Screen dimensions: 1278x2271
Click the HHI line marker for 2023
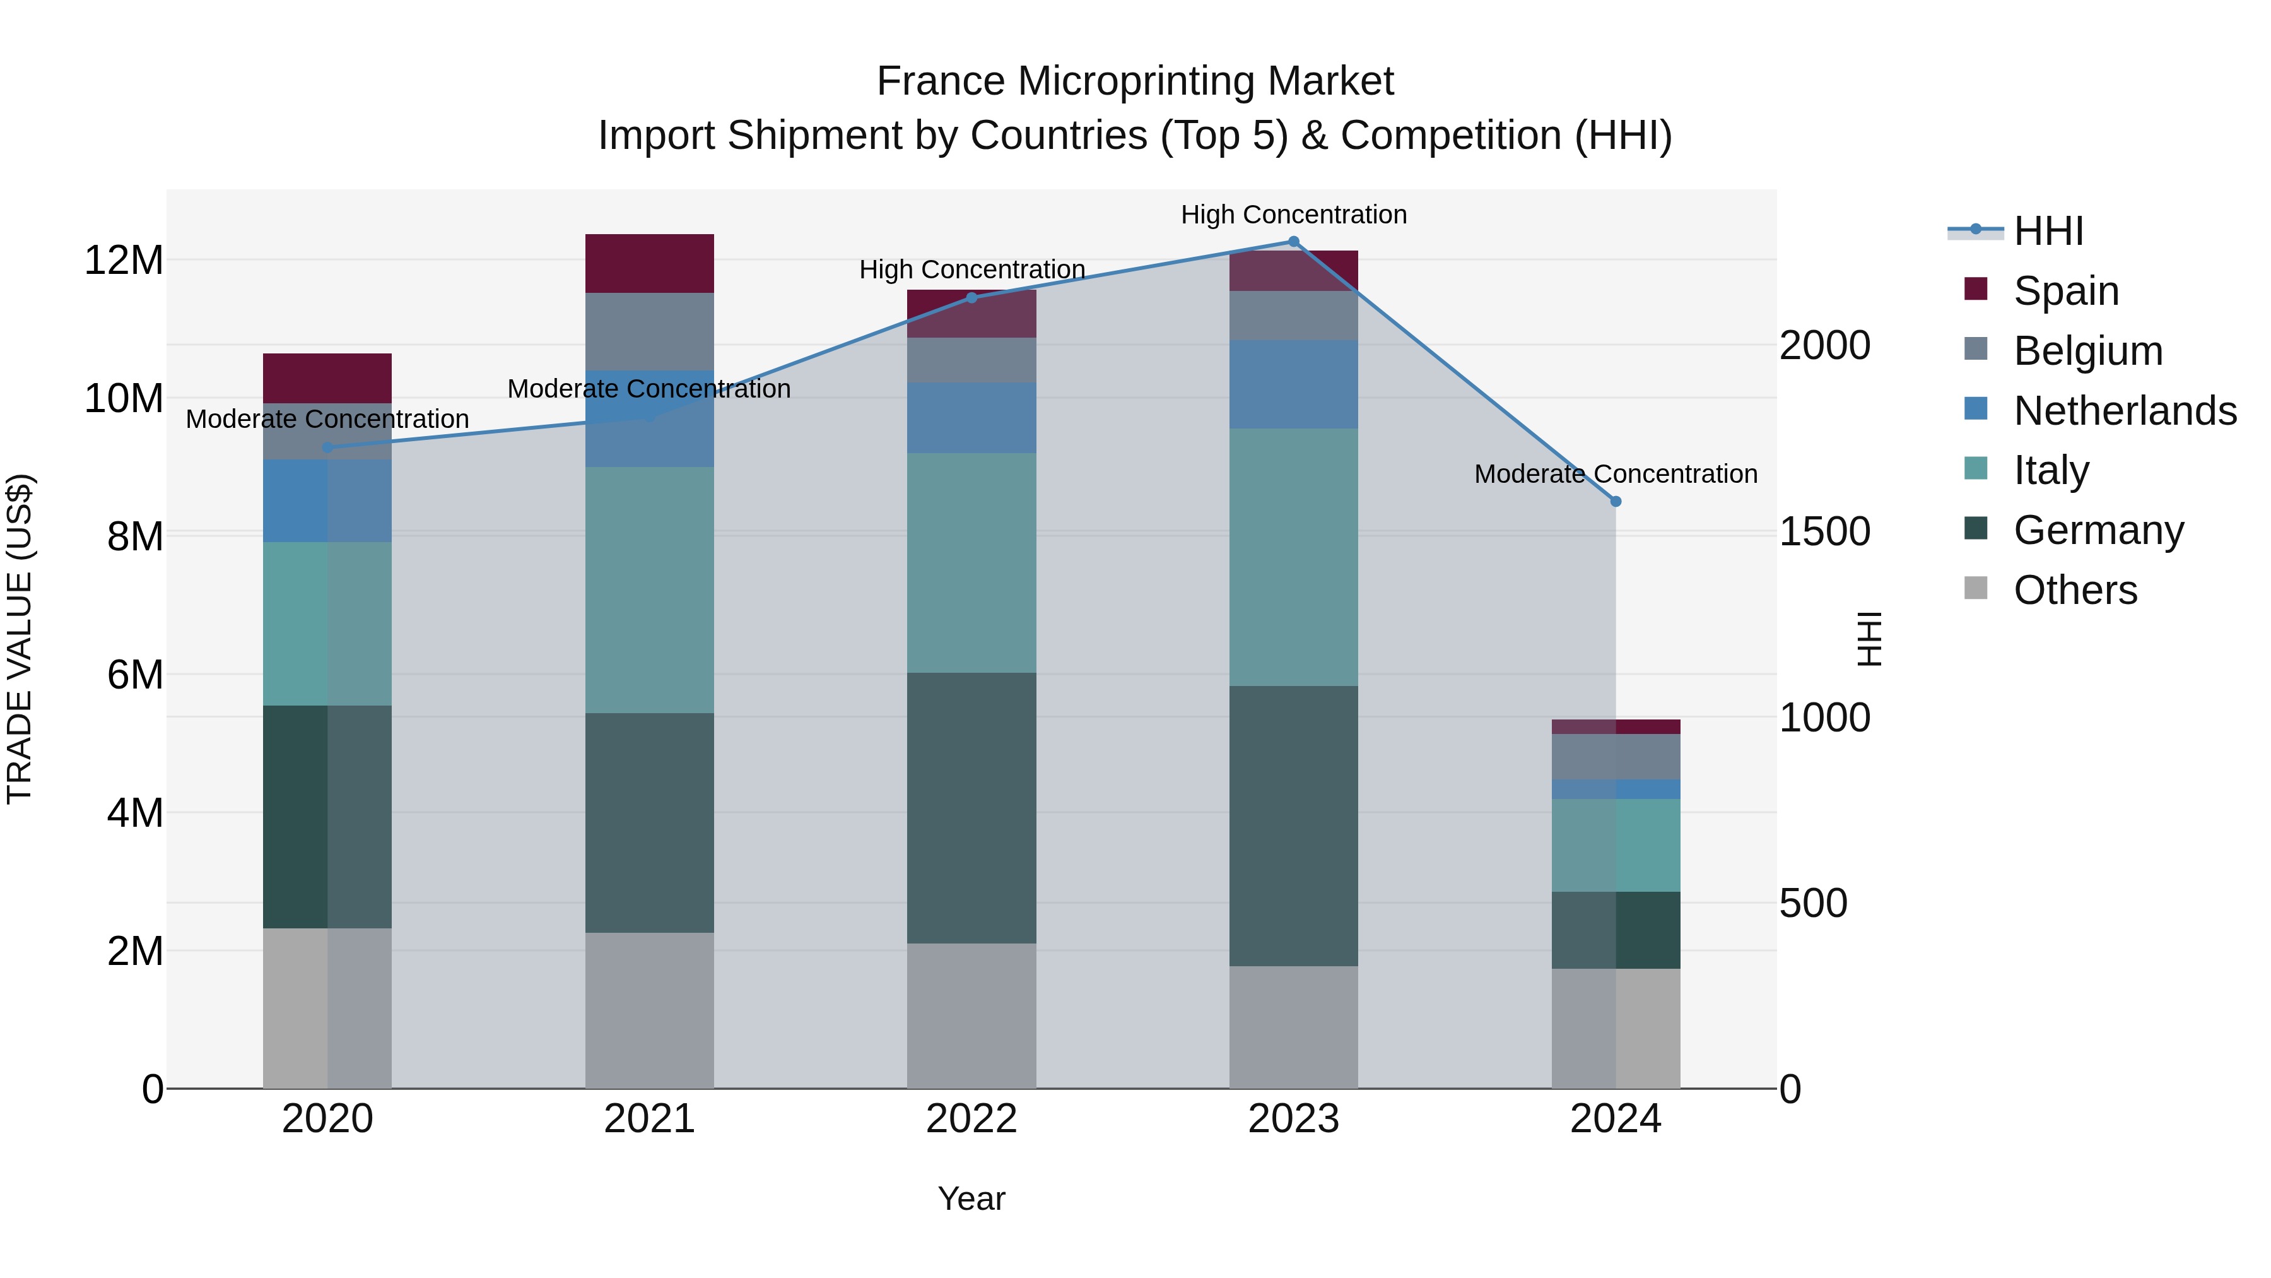pyautogui.click(x=1293, y=242)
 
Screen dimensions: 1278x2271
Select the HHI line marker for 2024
pyautogui.click(x=1615, y=501)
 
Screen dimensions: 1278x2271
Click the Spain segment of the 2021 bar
pyautogui.click(x=649, y=263)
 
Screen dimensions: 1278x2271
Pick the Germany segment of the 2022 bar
pyautogui.click(x=971, y=807)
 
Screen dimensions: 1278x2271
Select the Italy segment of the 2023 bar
pyautogui.click(x=1293, y=557)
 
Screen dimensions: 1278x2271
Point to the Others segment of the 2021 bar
pyautogui.click(x=649, y=1010)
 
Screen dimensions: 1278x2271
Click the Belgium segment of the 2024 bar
pyautogui.click(x=1615, y=757)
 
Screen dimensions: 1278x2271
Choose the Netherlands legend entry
pyautogui.click(x=2125, y=410)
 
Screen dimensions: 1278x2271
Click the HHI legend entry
pyautogui.click(x=2048, y=231)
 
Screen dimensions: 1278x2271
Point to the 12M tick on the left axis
pyautogui.click(x=124, y=260)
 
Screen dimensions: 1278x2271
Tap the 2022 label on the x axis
pyautogui.click(x=971, y=1119)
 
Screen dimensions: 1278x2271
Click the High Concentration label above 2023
pyautogui.click(x=1293, y=215)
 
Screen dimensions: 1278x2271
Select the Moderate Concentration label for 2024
pyautogui.click(x=1615, y=473)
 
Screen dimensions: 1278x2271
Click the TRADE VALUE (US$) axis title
pyautogui.click(x=20, y=639)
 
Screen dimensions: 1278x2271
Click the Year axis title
pyautogui.click(x=971, y=1198)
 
